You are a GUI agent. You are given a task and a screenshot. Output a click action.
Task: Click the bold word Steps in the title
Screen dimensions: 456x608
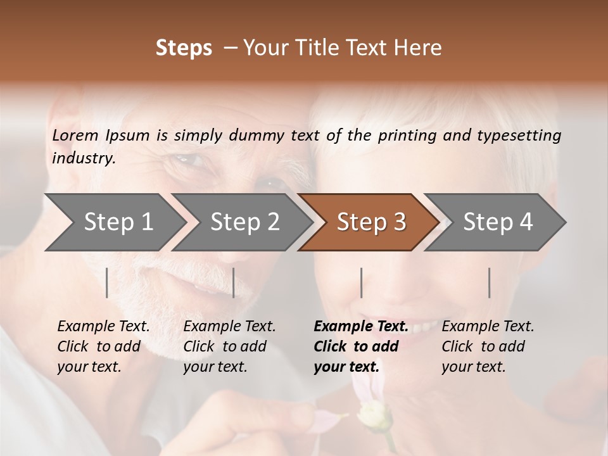point(184,48)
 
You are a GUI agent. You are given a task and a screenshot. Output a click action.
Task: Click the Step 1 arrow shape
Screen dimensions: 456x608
point(114,222)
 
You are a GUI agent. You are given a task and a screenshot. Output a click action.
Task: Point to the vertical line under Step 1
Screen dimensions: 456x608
point(107,282)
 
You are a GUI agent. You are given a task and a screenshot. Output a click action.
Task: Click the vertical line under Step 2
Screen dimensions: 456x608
point(234,282)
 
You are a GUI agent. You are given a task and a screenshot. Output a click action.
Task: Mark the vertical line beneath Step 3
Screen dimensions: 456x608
point(361,282)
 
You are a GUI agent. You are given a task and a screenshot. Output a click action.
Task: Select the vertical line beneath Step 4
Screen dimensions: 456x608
point(489,282)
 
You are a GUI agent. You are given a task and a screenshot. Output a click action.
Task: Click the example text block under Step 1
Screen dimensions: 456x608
point(103,346)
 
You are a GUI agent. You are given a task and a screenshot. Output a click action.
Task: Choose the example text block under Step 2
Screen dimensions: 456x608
point(229,346)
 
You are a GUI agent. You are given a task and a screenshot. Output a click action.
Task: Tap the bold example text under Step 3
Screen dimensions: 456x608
point(361,346)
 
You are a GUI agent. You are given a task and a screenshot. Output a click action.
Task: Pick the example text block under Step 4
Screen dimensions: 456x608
point(488,346)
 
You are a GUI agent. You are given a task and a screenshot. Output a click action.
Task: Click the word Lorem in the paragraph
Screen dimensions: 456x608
point(75,136)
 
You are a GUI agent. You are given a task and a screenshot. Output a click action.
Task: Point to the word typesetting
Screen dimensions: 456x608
point(519,136)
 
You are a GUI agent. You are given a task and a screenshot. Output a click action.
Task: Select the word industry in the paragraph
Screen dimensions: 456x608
point(84,158)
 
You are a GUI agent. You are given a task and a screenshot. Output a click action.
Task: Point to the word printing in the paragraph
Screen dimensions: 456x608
point(405,136)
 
